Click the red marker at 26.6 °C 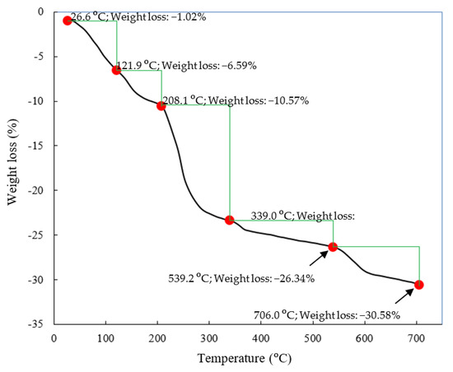point(68,21)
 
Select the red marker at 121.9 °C point(116,70)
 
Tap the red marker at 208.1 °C point(161,105)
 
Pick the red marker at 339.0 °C point(229,220)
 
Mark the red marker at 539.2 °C point(333,247)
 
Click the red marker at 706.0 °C point(419,285)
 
